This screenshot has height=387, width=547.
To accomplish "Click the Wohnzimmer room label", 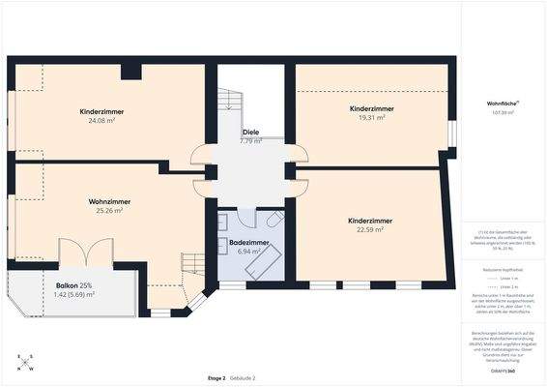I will (109, 201).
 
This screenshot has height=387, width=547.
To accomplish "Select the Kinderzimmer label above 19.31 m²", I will (372, 108).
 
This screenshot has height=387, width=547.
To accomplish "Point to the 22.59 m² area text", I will (370, 229).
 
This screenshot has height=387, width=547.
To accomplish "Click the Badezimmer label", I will (248, 242).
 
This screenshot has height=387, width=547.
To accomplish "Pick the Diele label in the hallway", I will (250, 132).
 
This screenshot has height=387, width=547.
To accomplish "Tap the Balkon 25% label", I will (73, 285).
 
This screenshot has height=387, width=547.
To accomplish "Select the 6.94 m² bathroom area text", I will (248, 251).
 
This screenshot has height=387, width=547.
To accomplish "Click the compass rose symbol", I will (25, 363).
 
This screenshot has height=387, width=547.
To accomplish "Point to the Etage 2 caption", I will (216, 376).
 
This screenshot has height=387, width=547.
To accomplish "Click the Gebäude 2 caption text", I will (242, 376).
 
